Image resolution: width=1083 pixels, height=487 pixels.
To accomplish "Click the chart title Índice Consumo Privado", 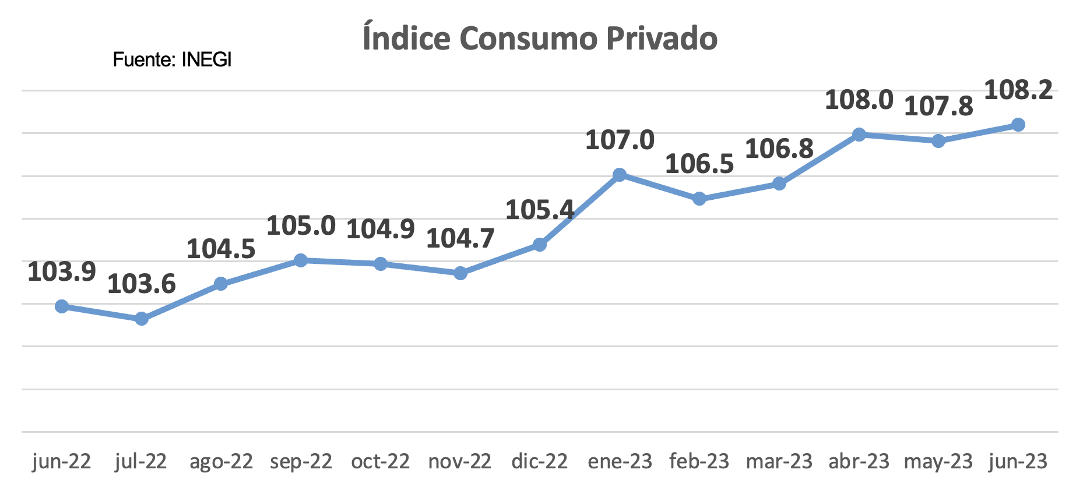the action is point(540,38).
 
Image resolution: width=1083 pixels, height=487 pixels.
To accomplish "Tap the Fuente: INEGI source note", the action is point(172,59).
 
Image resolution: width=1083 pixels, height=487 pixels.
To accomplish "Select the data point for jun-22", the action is point(61,306).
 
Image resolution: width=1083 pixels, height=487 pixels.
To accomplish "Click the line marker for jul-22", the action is point(141,319).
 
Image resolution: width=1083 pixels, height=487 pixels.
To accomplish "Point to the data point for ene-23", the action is point(620,175).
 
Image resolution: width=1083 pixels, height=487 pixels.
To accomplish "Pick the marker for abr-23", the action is point(859,135).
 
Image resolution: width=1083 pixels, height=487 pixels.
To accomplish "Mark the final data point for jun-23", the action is point(1018,125).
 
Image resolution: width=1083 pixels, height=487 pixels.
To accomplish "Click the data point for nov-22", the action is point(460,273).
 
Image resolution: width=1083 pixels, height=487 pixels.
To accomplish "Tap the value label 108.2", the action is point(1018,90).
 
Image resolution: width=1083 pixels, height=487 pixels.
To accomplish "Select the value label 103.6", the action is point(142,284).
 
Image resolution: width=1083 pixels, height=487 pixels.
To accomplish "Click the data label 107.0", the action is point(620,140).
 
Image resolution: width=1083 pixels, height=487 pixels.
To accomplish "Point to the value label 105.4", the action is point(540,210).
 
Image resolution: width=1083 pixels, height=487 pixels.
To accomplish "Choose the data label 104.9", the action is point(381,229).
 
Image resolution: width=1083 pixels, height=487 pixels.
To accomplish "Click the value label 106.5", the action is point(699,164).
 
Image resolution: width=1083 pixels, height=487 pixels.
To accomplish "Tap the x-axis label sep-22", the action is point(301,461).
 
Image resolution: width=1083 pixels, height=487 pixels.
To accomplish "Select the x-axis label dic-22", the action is point(540,461).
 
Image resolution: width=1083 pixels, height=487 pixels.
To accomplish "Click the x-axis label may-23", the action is point(938,461).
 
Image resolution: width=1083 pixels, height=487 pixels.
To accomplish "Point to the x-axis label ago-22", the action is point(221,461).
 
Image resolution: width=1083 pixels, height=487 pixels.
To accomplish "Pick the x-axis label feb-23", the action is point(699,461).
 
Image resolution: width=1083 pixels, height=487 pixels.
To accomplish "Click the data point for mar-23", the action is point(779,184).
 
